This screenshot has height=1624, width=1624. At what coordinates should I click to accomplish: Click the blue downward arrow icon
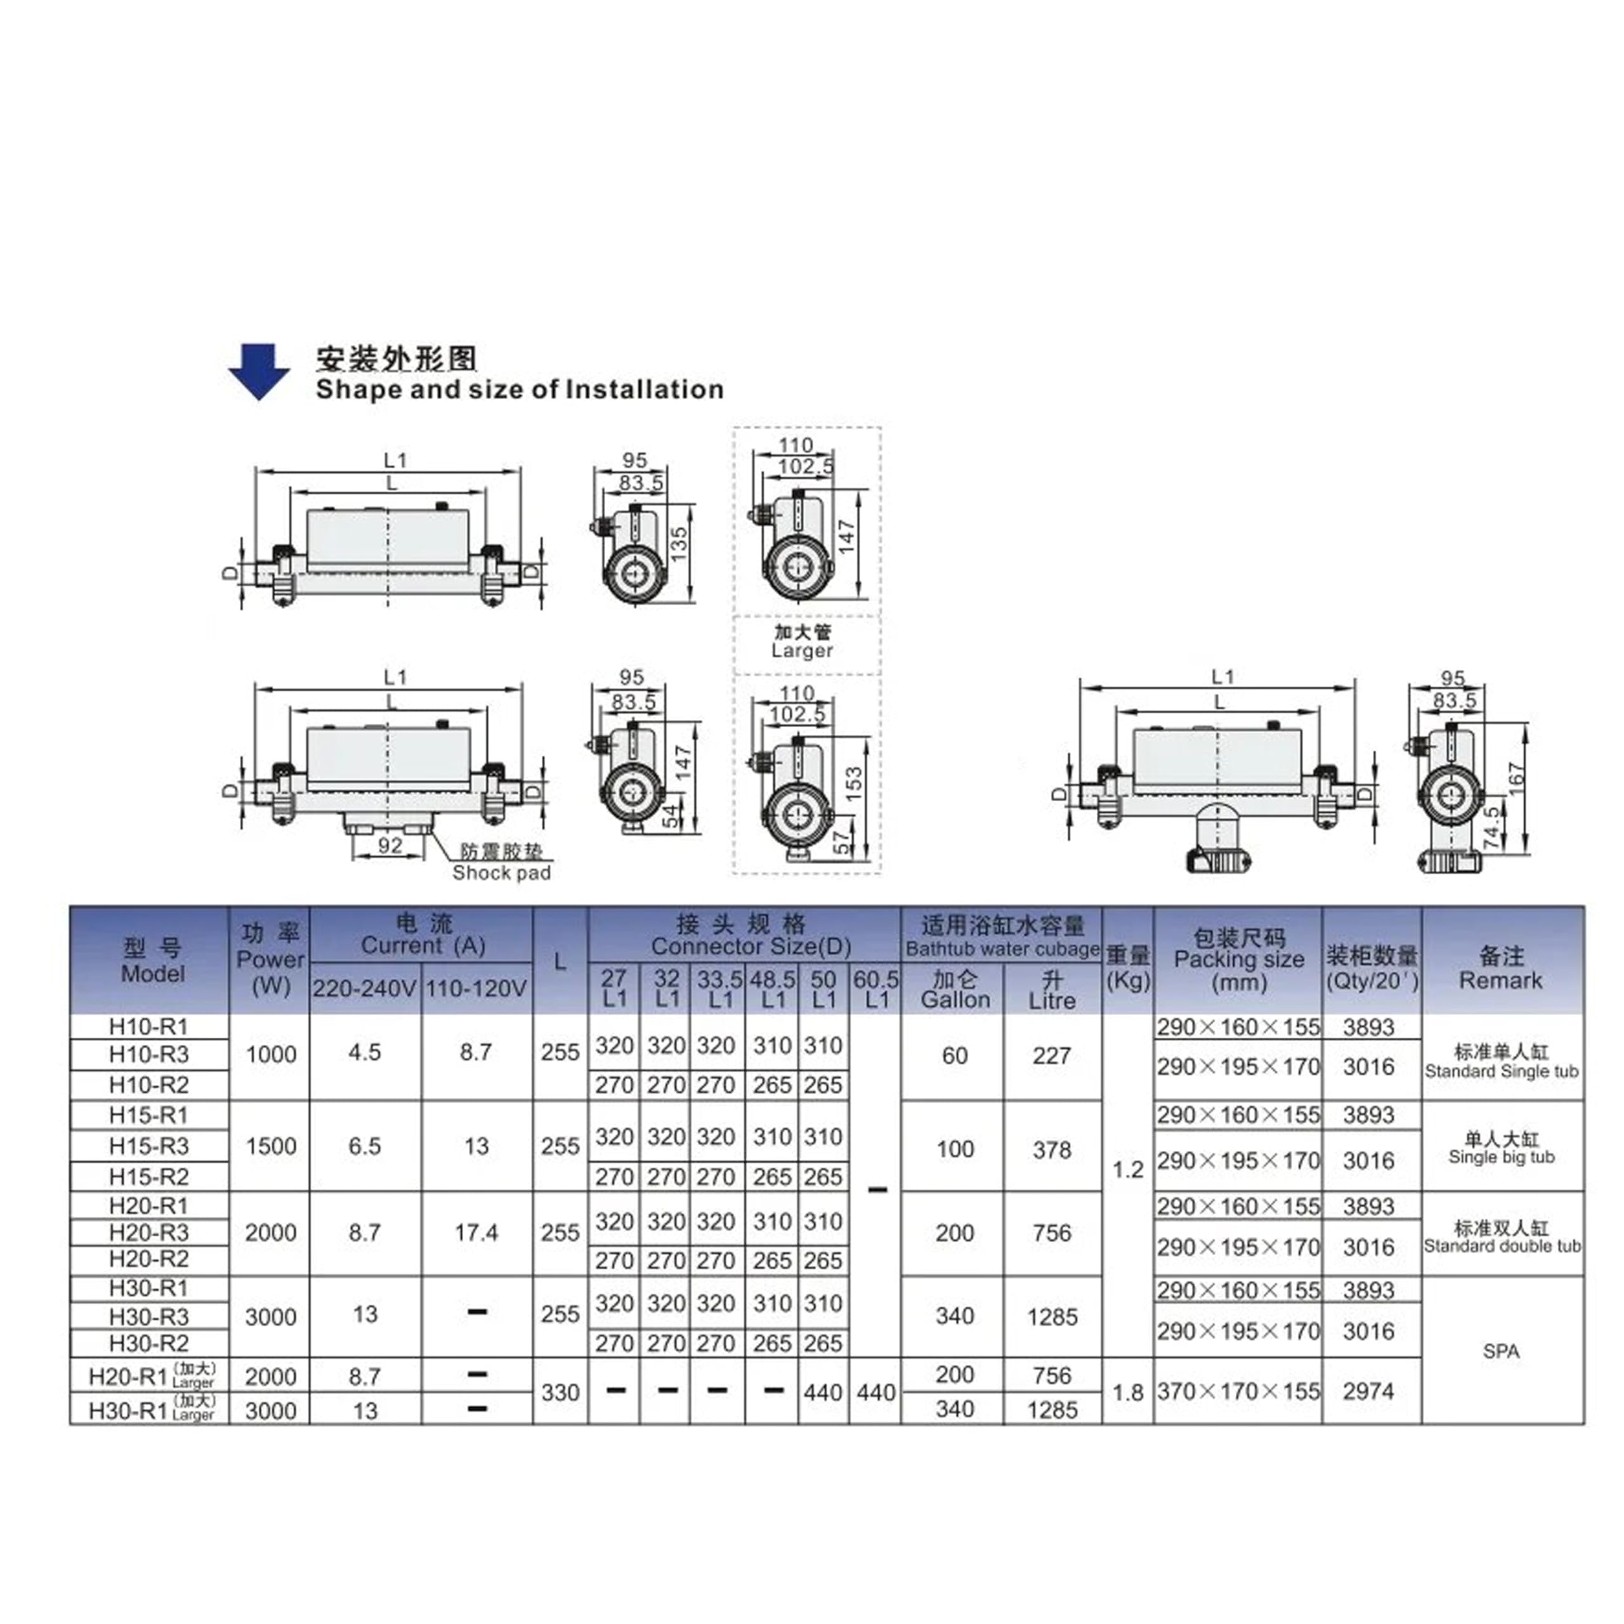pyautogui.click(x=259, y=370)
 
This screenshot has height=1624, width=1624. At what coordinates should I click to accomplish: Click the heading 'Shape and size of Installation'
pyautogui.click(x=520, y=390)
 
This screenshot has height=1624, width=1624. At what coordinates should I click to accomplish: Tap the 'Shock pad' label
pyautogui.click(x=502, y=874)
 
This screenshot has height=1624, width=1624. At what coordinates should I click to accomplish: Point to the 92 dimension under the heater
pyautogui.click(x=390, y=845)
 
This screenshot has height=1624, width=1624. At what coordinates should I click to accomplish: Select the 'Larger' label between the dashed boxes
pyautogui.click(x=802, y=651)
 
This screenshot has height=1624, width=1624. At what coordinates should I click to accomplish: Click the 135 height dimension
pyautogui.click(x=679, y=545)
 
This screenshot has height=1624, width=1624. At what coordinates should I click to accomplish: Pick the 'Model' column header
pyautogui.click(x=153, y=974)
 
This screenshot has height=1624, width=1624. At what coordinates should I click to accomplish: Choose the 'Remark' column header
pyautogui.click(x=1502, y=980)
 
